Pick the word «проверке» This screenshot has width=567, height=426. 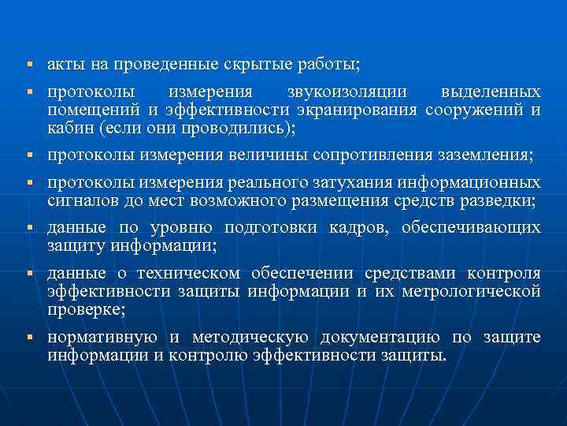79,308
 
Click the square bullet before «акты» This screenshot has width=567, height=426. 28,63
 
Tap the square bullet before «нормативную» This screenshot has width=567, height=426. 28,338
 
